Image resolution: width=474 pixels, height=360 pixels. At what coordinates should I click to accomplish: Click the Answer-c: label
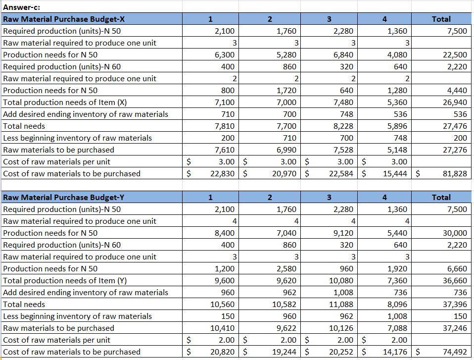click(22, 7)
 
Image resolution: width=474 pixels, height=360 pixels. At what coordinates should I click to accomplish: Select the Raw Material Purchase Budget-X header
click(64, 19)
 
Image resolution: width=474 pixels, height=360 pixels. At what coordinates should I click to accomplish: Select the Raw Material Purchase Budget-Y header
click(64, 197)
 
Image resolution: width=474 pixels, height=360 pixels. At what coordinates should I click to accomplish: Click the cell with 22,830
click(222, 173)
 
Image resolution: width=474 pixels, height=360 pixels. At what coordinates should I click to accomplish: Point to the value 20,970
click(284, 173)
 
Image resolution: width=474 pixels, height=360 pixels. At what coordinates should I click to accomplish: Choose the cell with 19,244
click(284, 352)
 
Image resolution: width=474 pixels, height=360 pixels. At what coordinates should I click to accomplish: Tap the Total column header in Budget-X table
click(441, 19)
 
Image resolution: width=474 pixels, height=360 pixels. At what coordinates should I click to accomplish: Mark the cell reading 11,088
click(341, 304)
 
